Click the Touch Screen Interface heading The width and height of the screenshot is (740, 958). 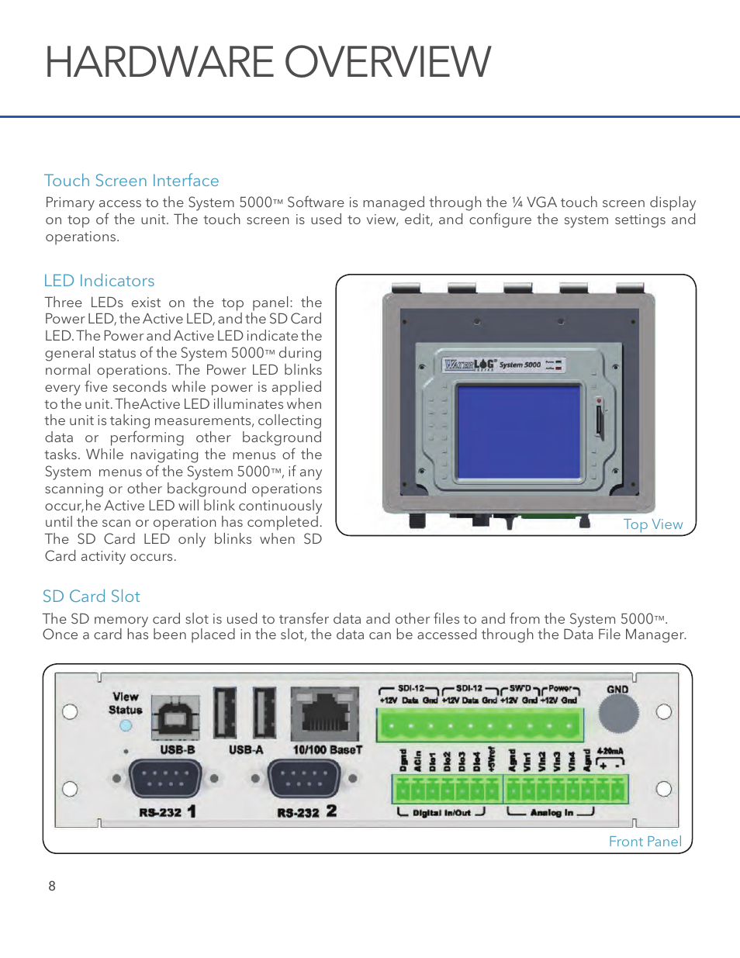tap(131, 181)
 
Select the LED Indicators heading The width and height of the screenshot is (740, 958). tap(99, 281)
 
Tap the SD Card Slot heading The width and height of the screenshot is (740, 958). tap(91, 597)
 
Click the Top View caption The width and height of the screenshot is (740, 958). tap(653, 524)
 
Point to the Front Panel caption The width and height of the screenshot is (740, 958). tap(645, 842)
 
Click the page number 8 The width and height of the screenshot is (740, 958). tap(52, 886)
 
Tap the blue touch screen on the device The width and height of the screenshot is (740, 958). tap(518, 431)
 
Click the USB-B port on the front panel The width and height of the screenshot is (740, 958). tap(175, 718)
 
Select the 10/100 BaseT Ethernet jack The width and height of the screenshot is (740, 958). tap(326, 715)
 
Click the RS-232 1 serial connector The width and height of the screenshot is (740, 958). tap(165, 778)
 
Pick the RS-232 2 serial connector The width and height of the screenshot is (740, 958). tap(304, 778)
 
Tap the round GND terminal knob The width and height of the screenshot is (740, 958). tap(618, 714)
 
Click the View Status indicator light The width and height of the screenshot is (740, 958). tap(126, 726)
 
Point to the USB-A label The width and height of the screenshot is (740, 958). tap(246, 750)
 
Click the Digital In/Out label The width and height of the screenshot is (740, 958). tap(441, 813)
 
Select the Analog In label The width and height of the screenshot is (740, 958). tap(552, 813)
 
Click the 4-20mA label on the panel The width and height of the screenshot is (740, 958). tap(610, 751)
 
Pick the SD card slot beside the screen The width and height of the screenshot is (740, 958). tap(599, 419)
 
